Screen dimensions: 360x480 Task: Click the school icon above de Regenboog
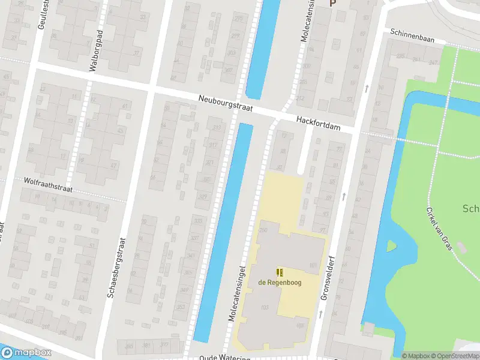point(279,272)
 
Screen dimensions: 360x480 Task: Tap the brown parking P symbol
point(331,3)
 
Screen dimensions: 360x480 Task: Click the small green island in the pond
point(392,245)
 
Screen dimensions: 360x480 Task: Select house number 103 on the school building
point(265,307)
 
